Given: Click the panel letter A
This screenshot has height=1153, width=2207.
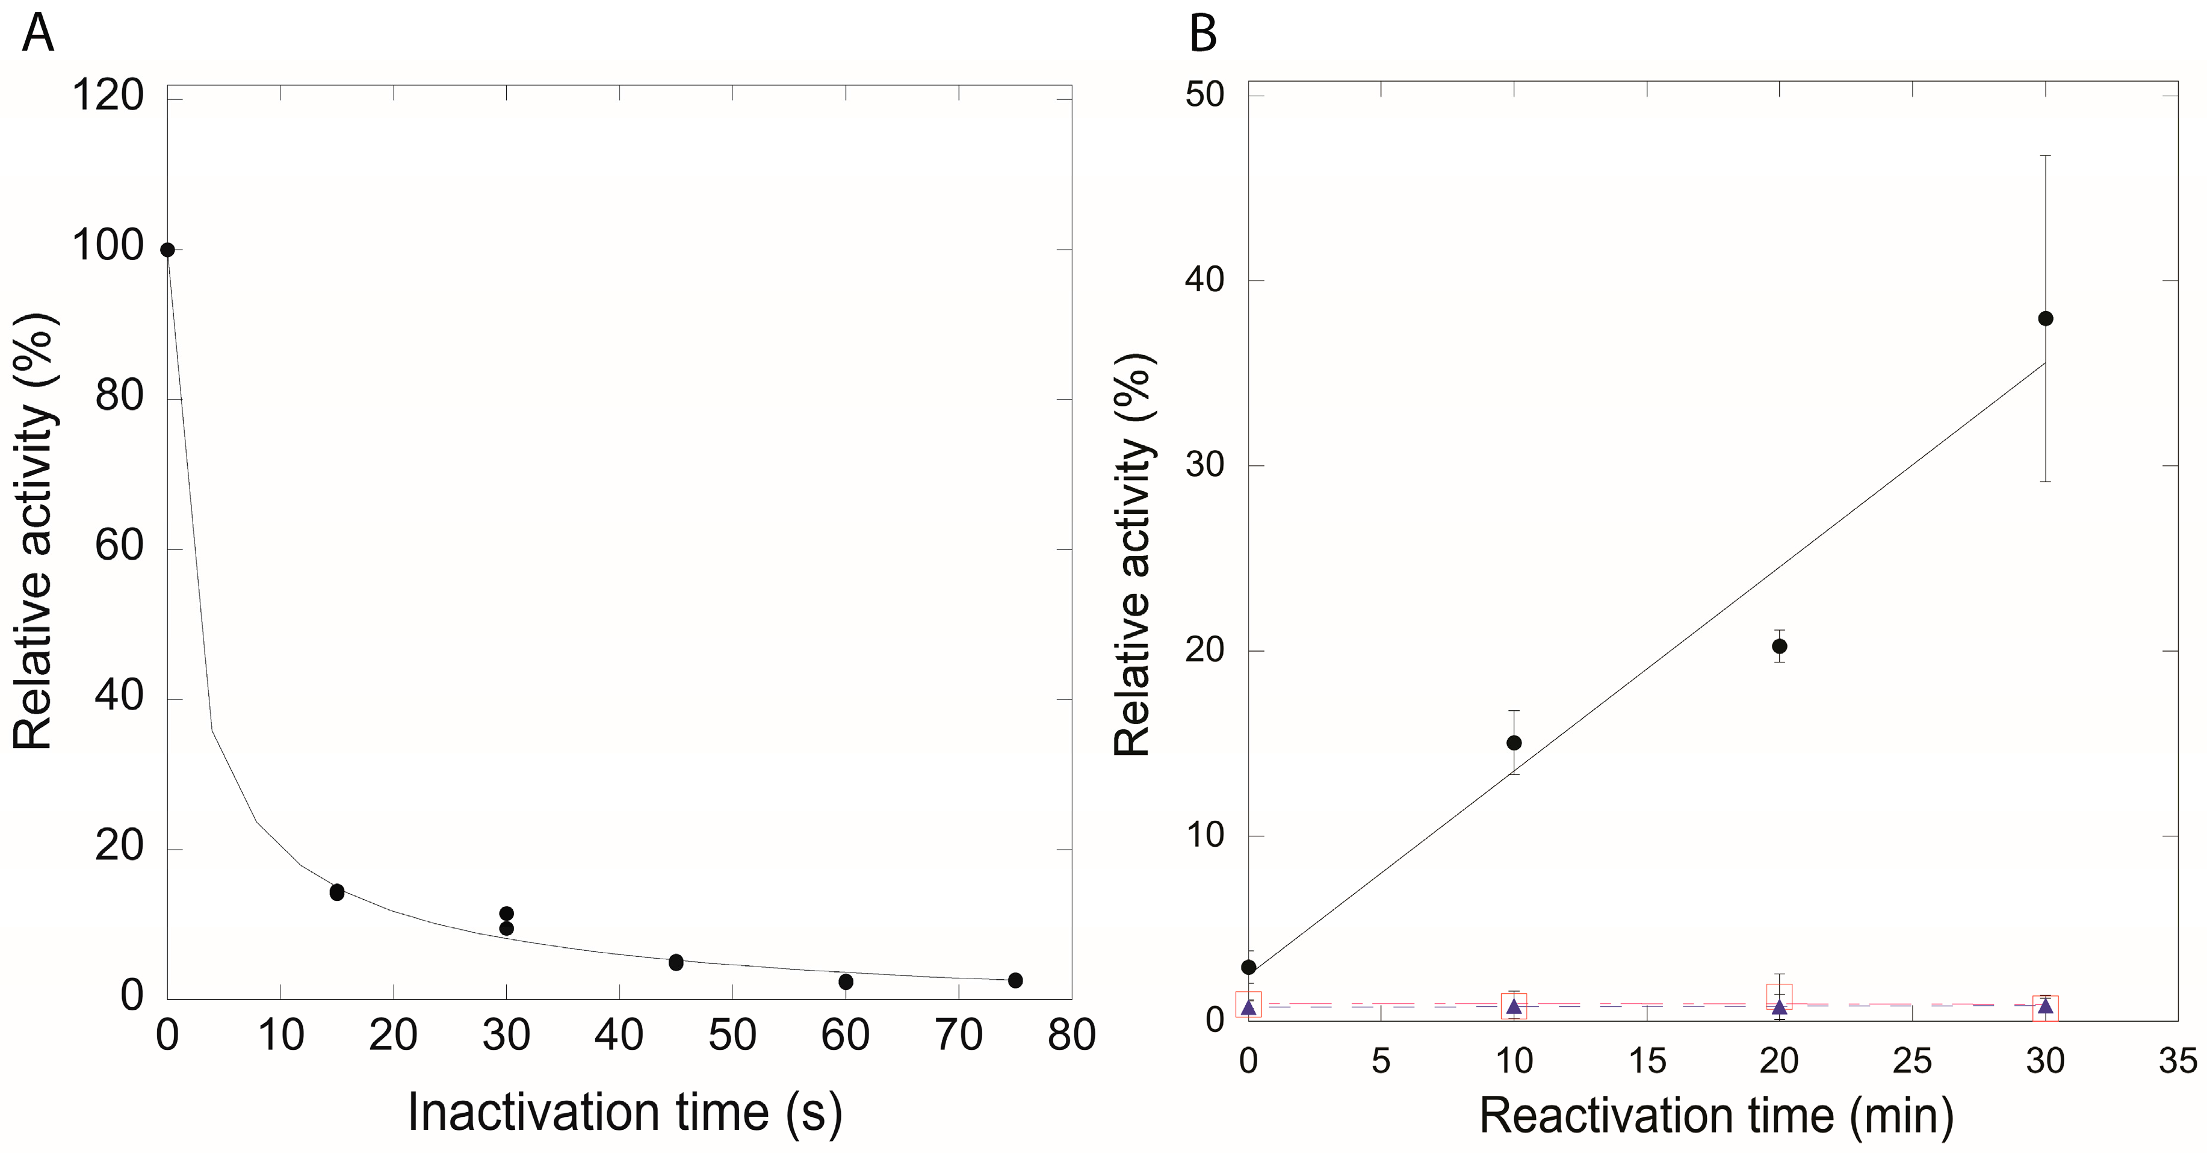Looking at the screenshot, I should [x=38, y=35].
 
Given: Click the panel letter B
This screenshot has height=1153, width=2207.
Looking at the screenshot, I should [x=1203, y=35].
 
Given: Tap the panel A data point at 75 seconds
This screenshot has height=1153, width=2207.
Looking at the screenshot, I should [x=1015, y=980].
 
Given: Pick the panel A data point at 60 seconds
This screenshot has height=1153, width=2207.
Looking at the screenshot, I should [x=846, y=981].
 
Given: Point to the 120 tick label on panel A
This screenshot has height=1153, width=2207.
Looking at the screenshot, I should [x=108, y=95].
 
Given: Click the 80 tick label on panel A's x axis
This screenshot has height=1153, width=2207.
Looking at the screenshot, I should [x=1071, y=1036].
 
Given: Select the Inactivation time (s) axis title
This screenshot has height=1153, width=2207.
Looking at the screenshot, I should [x=625, y=1113].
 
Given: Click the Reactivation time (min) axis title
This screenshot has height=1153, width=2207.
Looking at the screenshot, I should [x=1716, y=1116].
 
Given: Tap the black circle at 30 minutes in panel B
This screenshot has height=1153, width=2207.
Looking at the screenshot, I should [x=2046, y=319].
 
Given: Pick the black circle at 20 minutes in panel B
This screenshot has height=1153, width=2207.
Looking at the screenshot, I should [x=1780, y=646].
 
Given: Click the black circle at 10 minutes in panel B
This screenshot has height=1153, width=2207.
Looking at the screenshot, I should [x=1514, y=743].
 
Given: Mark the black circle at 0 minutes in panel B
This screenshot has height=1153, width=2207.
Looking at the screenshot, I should [x=1248, y=967].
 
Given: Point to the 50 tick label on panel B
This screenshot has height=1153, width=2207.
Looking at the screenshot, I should [x=1204, y=94].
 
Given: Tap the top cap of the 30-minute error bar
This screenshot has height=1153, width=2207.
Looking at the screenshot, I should [x=2046, y=156].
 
